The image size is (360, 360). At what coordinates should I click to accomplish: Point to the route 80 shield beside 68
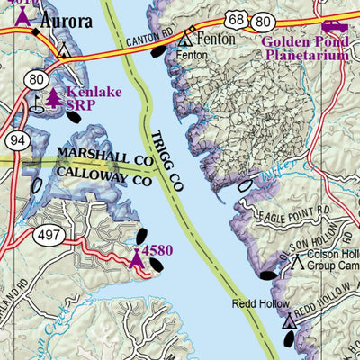(x=263, y=19)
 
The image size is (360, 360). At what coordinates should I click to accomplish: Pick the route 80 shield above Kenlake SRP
(x=37, y=80)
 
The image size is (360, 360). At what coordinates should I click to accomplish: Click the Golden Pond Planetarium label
(x=306, y=48)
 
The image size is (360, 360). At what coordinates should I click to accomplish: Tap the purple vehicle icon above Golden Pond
(x=335, y=26)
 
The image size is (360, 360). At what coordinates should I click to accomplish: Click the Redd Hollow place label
(x=259, y=304)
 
